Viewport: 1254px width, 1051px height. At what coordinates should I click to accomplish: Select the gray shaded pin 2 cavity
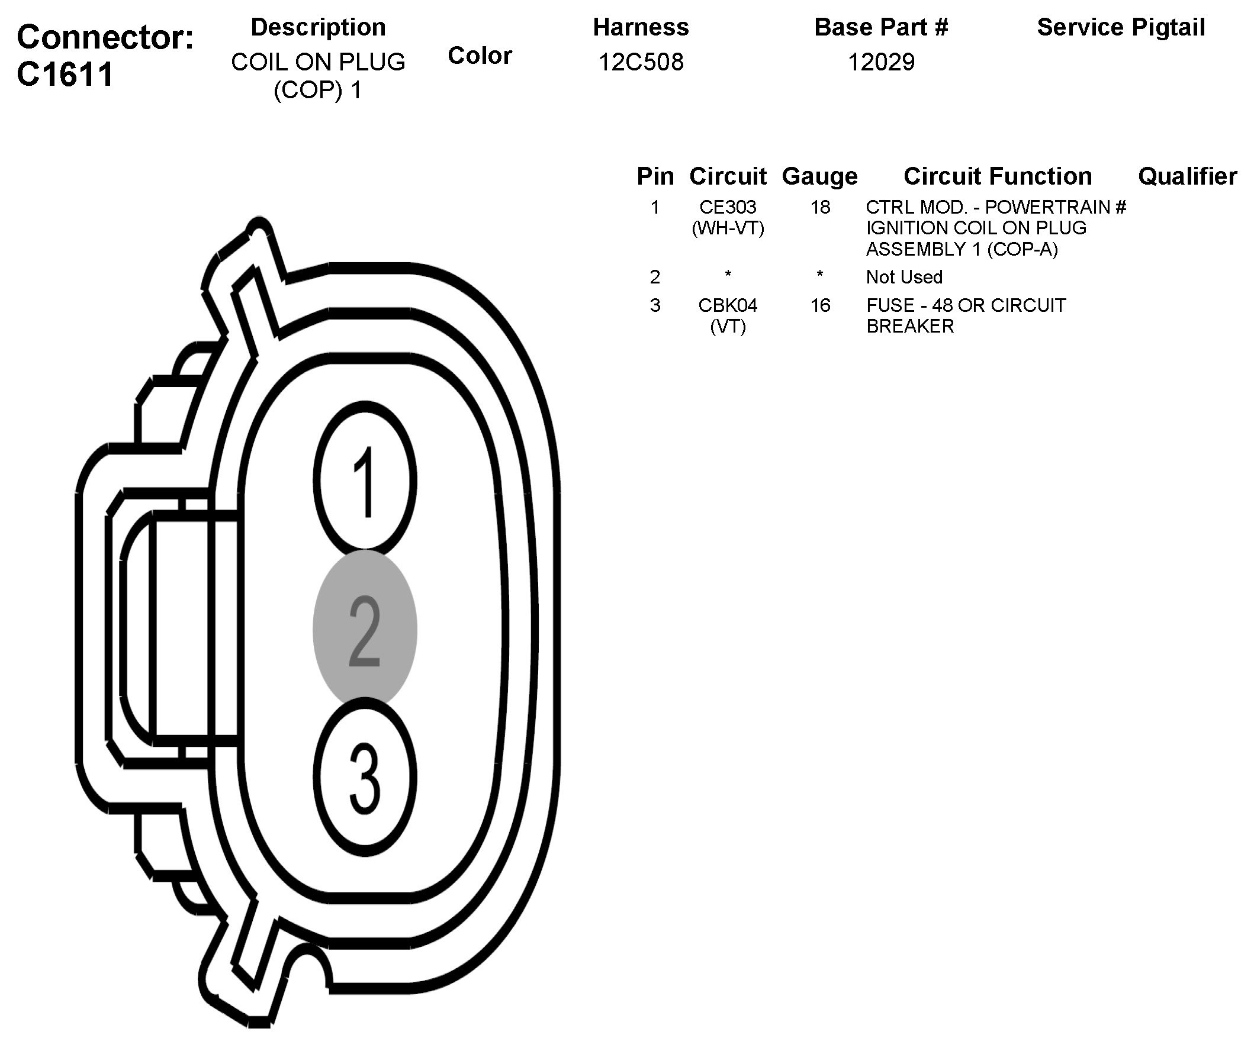(x=365, y=628)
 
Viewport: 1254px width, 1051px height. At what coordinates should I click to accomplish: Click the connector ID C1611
(x=65, y=75)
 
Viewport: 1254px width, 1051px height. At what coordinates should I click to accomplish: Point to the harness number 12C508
(x=641, y=62)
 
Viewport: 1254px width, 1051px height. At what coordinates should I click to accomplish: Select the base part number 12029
(x=881, y=62)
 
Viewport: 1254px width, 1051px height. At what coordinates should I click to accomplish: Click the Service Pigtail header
(x=1121, y=27)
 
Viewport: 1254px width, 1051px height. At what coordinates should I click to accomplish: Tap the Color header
(x=480, y=56)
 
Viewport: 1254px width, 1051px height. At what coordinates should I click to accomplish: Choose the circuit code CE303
(x=728, y=207)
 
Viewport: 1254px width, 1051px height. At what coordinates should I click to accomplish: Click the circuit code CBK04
(x=728, y=305)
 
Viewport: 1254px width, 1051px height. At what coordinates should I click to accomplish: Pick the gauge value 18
(x=820, y=207)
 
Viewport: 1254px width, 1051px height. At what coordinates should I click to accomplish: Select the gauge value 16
(x=820, y=305)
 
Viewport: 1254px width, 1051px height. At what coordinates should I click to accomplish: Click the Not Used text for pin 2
(x=904, y=277)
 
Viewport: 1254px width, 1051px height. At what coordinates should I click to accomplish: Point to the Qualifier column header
(x=1187, y=176)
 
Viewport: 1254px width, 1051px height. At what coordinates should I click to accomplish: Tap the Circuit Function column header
(x=997, y=176)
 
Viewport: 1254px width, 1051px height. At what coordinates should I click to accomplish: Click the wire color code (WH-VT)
(x=728, y=228)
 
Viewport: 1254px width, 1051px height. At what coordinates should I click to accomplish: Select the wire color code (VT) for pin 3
(x=728, y=327)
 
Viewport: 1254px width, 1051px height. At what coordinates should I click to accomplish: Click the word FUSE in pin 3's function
(x=886, y=305)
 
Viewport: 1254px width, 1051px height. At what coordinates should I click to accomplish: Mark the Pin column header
(x=655, y=176)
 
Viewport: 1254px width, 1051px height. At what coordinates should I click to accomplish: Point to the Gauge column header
(x=819, y=176)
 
